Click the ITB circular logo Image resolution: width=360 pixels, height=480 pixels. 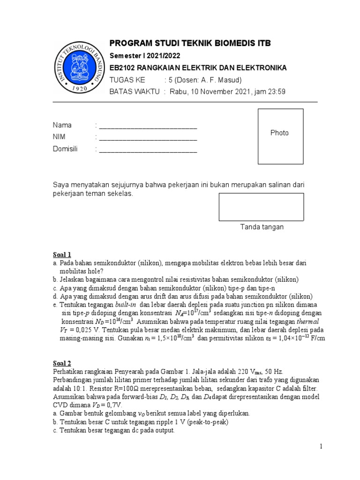coord(78,66)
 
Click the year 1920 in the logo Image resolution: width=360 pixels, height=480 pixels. coord(78,88)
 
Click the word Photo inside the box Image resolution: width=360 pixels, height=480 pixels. coord(279,133)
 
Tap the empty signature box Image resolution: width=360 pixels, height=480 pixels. coord(261,207)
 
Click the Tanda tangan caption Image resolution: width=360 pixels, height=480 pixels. coord(262,227)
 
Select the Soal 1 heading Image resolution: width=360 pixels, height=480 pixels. coord(62,255)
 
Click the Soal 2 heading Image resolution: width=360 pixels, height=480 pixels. coord(62,363)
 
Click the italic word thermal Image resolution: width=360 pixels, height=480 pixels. coord(307,322)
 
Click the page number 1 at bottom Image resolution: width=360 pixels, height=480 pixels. coord(322,447)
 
